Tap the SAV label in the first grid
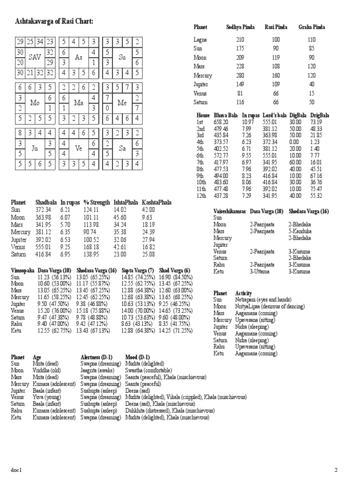(x=35, y=57)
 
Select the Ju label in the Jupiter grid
(x=35, y=148)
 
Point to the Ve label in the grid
(x=79, y=148)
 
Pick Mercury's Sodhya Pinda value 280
(x=240, y=75)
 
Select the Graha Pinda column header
(x=311, y=28)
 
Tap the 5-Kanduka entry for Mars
(x=300, y=231)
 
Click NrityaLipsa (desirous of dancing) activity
(x=270, y=306)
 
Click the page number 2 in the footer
(x=336, y=470)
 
